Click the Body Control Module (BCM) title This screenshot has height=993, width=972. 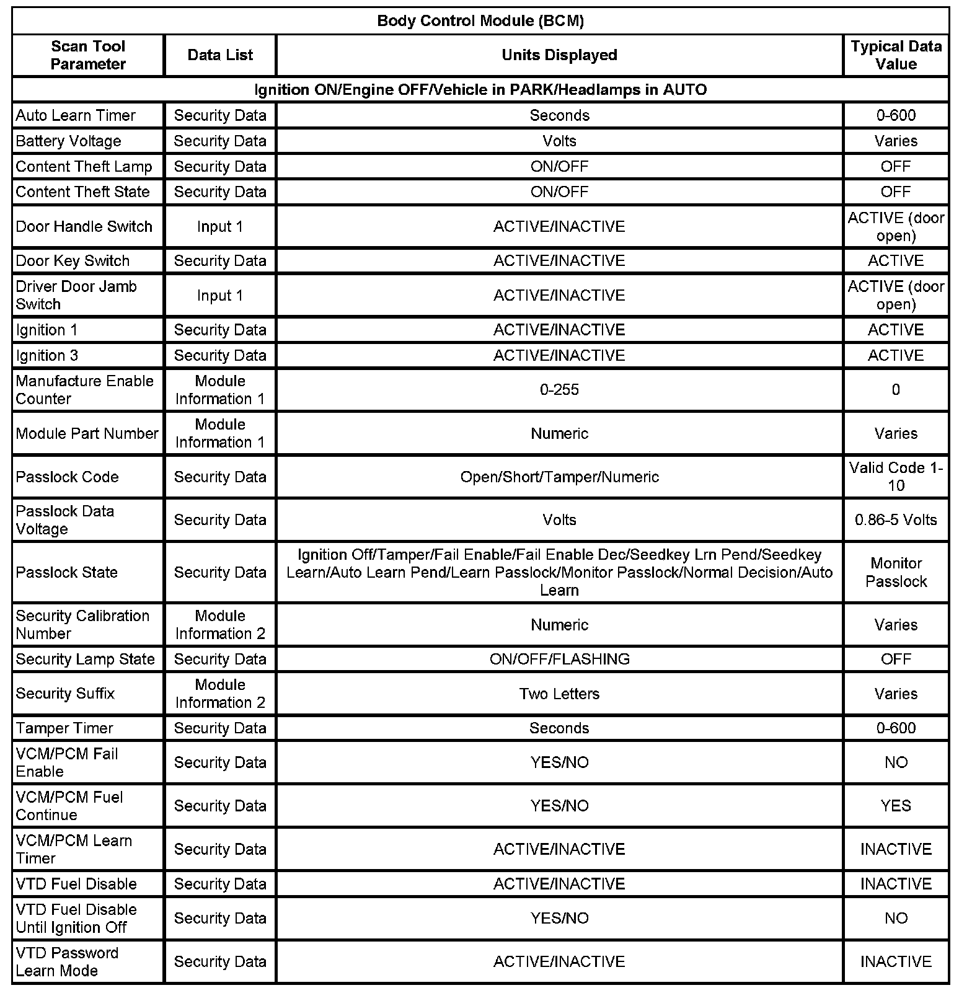click(x=480, y=21)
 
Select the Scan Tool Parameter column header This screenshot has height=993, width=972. click(x=88, y=55)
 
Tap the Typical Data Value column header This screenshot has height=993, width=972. click(x=896, y=55)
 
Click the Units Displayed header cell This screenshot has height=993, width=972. click(x=559, y=55)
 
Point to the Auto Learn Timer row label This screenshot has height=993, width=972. click(x=76, y=116)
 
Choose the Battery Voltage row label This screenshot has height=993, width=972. click(x=68, y=141)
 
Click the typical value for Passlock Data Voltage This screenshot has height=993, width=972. click(x=896, y=520)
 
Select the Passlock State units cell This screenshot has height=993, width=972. click(x=559, y=572)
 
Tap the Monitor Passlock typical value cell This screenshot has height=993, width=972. click(x=896, y=572)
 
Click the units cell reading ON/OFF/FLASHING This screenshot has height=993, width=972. click(x=559, y=659)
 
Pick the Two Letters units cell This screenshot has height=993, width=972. click(x=559, y=694)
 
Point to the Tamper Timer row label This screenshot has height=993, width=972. click(x=64, y=728)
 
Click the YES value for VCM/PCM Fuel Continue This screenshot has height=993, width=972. click(x=896, y=806)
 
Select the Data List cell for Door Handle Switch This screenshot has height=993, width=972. click(x=220, y=227)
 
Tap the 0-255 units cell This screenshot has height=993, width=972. click(x=559, y=390)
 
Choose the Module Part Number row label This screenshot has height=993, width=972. click(x=87, y=433)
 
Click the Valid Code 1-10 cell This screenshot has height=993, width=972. click(x=896, y=477)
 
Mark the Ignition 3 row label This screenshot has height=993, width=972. click(x=47, y=356)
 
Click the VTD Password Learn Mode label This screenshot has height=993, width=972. click(x=67, y=961)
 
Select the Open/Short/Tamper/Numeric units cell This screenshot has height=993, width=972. click(x=559, y=477)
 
